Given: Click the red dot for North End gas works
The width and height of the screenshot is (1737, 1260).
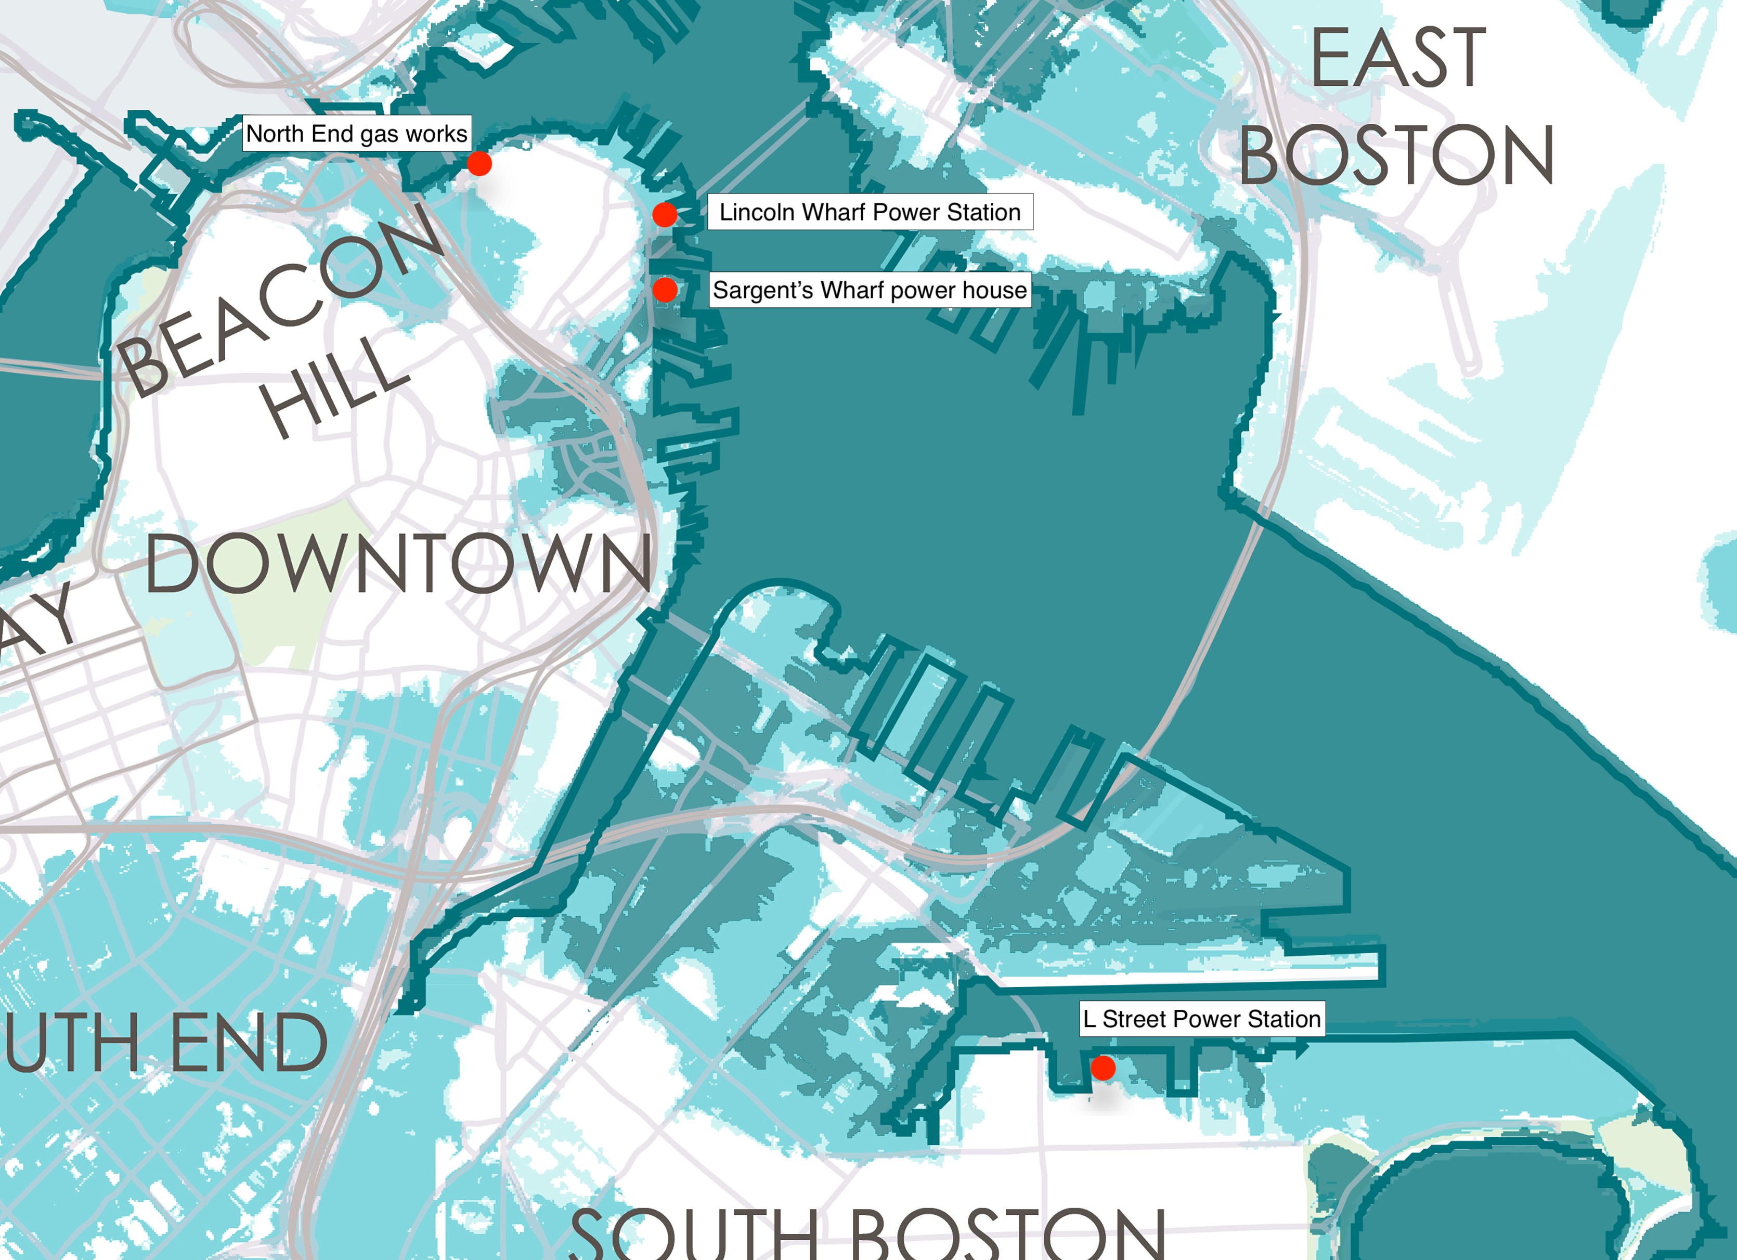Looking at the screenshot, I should pyautogui.click(x=479, y=163).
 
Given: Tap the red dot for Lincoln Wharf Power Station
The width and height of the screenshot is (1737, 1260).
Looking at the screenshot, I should pyautogui.click(x=665, y=214).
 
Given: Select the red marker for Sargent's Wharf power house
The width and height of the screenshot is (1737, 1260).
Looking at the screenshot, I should pyautogui.click(x=665, y=290).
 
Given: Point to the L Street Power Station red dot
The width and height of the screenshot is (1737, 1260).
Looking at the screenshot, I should pyautogui.click(x=1103, y=1068).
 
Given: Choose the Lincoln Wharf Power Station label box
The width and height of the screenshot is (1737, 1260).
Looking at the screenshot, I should pyautogui.click(x=870, y=212).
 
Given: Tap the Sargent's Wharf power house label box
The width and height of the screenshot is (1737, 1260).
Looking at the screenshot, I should pyautogui.click(x=870, y=290).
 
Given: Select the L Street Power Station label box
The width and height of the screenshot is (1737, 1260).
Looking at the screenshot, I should pyautogui.click(x=1202, y=1019).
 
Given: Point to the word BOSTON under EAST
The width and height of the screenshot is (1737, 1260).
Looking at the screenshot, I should pyautogui.click(x=1397, y=155).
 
